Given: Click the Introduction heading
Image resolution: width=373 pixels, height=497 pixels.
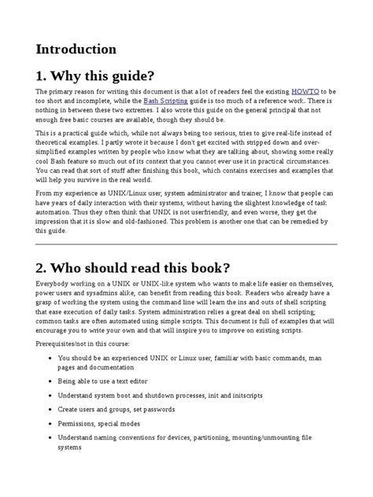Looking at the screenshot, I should (x=76, y=49).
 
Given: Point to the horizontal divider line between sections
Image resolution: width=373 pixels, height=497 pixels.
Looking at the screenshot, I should (x=186, y=245).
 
